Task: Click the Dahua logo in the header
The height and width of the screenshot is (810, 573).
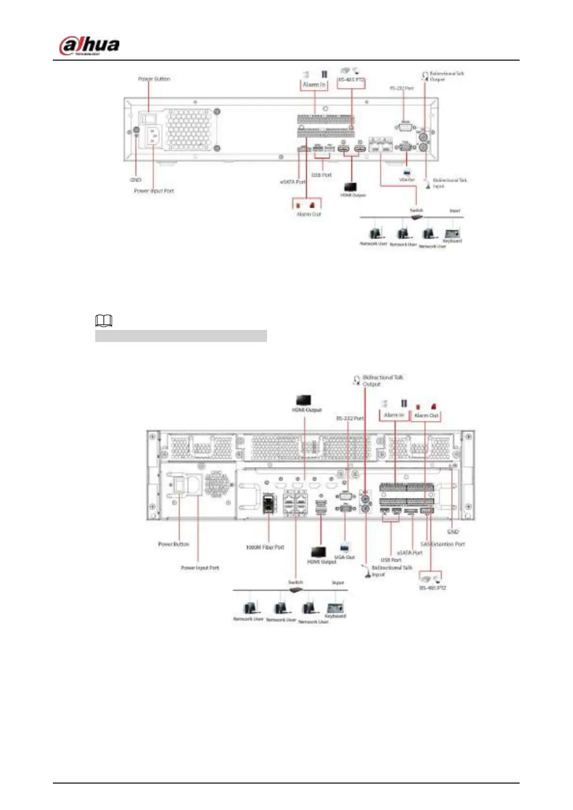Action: pos(89,46)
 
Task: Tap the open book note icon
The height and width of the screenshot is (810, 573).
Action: pos(104,320)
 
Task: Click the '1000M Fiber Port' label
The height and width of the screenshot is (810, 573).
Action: pos(265,547)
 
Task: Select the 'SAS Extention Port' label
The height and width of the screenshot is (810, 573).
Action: pos(443,544)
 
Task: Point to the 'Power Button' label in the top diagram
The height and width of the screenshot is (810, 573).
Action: pos(154,79)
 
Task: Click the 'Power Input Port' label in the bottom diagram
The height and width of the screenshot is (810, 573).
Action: pos(200,568)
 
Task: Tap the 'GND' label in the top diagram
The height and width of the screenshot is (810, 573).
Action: pos(136,180)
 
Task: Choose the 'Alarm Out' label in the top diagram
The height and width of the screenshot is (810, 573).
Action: pos(308,214)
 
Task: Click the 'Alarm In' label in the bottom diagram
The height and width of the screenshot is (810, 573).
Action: pos(394,415)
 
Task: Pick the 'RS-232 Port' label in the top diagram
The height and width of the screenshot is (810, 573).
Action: pos(401,89)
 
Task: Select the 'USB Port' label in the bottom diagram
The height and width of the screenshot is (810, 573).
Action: pos(391,560)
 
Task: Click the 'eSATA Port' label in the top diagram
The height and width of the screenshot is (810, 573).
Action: pos(293,182)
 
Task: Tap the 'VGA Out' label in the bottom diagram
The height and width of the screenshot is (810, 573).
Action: pos(344,557)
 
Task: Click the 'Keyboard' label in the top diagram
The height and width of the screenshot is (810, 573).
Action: pos(452,240)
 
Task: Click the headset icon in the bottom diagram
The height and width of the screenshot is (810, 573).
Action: pos(357,380)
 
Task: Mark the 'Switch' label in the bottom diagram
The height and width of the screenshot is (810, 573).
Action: pos(295,582)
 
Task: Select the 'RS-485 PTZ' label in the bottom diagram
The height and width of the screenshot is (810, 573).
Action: pos(433,588)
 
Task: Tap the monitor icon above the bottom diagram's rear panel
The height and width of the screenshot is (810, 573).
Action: pos(304,400)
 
